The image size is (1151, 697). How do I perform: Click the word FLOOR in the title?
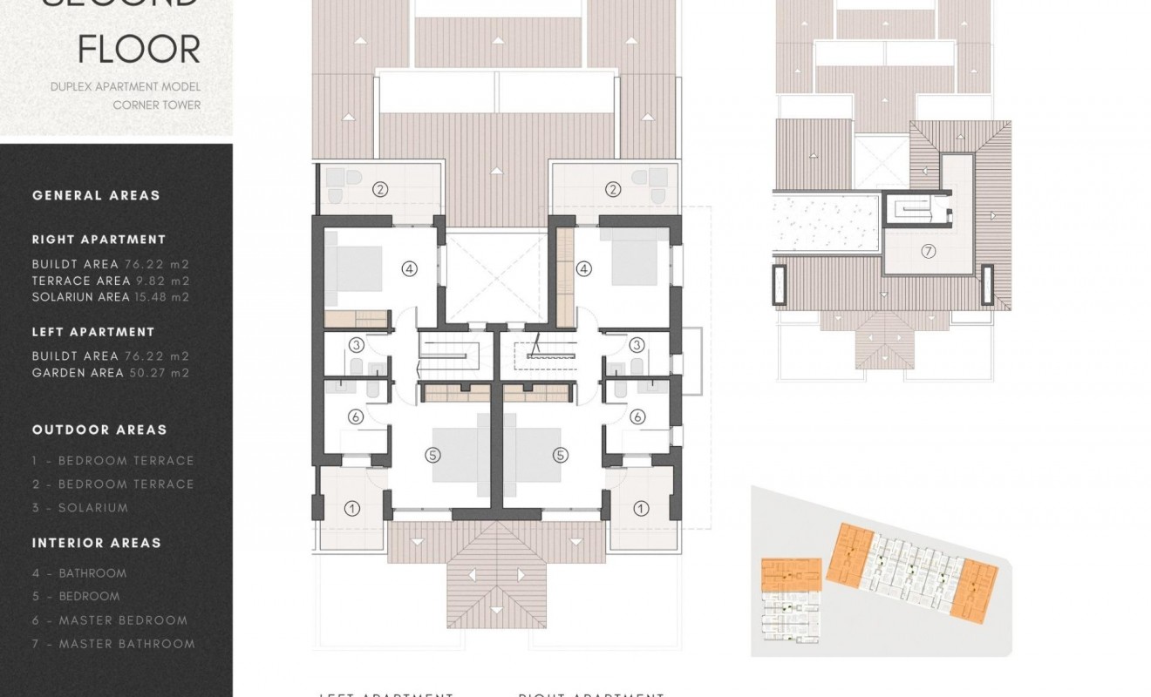[140, 50]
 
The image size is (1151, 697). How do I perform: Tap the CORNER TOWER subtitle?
[157, 105]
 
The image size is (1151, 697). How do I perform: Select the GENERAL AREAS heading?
[96, 195]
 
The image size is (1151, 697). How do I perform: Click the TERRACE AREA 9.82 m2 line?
[111, 281]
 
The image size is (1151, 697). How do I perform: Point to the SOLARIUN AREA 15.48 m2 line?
[111, 297]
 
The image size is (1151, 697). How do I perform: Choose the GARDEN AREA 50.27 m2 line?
[111, 373]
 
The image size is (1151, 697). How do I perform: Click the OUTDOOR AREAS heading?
[99, 430]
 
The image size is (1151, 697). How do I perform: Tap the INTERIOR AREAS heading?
[97, 543]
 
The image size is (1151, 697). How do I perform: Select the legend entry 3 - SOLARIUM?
[80, 508]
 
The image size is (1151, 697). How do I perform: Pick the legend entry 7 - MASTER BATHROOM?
[113, 644]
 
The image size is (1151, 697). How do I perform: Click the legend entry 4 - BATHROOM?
[79, 573]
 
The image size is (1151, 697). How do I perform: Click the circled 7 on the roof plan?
[928, 252]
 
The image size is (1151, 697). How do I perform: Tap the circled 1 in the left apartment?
[352, 508]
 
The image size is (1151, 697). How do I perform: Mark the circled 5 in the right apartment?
[561, 455]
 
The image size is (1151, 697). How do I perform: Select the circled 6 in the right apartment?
[637, 417]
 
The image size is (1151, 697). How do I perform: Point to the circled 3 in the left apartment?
[356, 345]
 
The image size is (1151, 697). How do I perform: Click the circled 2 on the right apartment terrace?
[614, 189]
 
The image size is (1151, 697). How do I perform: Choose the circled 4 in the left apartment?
[409, 269]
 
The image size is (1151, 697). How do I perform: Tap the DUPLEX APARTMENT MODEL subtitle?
[126, 86]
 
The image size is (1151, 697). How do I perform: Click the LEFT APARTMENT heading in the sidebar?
[93, 332]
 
